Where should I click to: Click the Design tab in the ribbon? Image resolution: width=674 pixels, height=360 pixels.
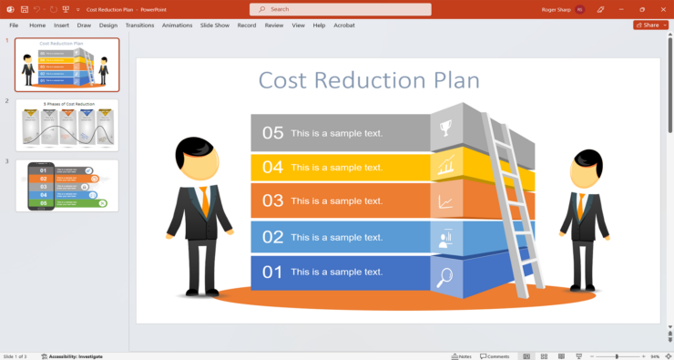click(108, 26)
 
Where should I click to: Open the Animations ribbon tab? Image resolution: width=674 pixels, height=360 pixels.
click(177, 26)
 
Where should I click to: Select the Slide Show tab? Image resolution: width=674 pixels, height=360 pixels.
click(215, 26)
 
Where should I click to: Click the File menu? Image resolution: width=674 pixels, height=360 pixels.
click(14, 26)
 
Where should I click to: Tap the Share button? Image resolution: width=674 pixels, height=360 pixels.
click(647, 26)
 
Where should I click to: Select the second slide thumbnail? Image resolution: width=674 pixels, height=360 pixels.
click(66, 125)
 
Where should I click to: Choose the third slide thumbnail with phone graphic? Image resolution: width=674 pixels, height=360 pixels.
click(66, 186)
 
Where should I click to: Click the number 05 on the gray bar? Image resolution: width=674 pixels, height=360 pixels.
click(273, 133)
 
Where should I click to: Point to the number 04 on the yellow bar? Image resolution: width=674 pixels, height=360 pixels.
click(273, 168)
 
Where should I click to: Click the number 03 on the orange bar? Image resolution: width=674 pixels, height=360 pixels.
click(273, 201)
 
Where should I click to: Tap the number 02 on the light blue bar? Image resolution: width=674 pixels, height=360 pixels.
click(273, 237)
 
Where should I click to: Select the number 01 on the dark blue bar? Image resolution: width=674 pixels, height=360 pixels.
click(273, 272)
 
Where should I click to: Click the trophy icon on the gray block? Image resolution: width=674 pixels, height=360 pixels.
click(446, 129)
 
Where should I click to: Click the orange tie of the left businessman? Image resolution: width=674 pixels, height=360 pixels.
click(203, 201)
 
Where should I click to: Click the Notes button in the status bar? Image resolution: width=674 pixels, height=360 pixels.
click(462, 356)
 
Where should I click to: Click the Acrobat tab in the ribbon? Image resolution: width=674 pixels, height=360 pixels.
click(344, 26)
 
